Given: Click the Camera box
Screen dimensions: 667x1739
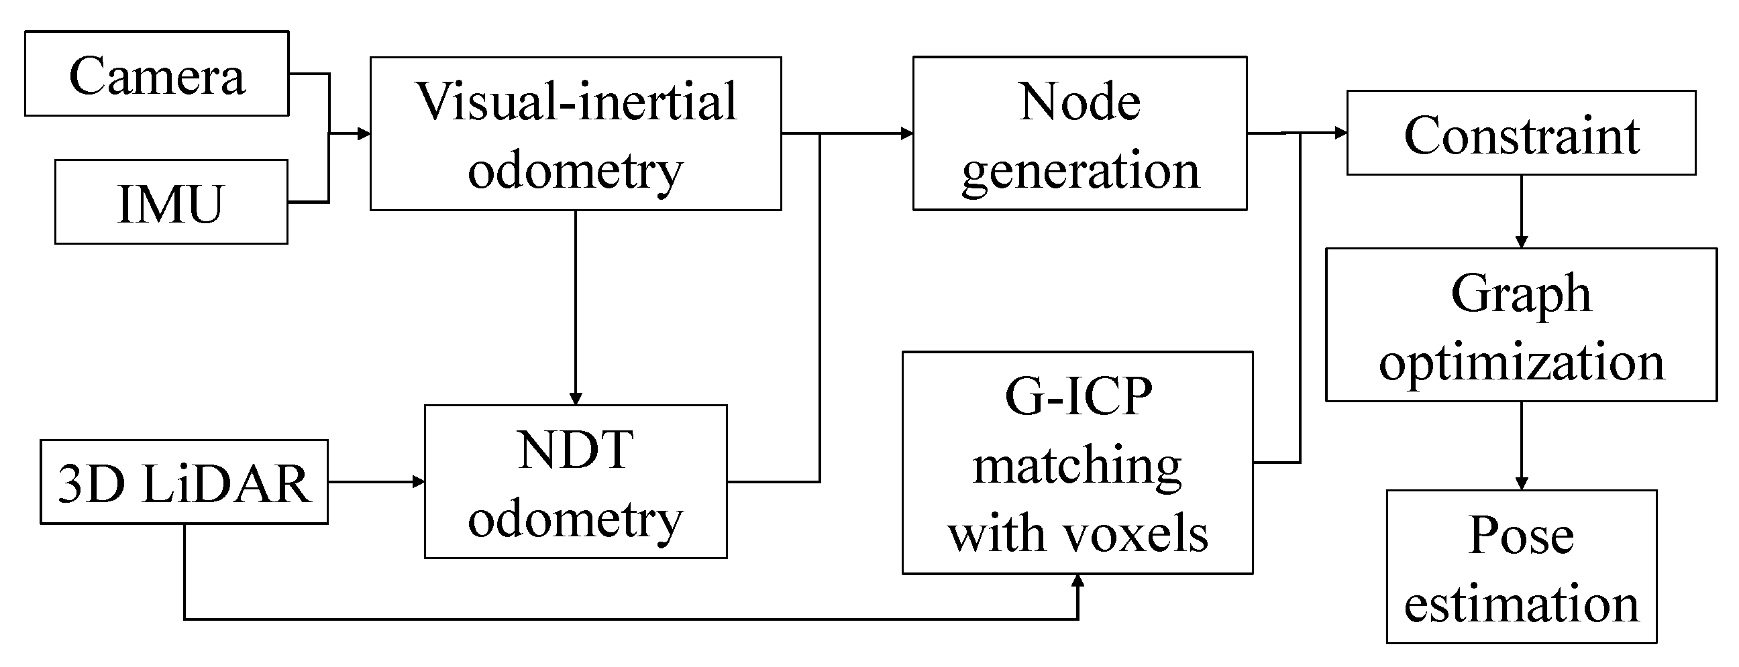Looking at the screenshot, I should pyautogui.click(x=156, y=74).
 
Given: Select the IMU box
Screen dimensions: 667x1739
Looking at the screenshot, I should pyautogui.click(x=171, y=202).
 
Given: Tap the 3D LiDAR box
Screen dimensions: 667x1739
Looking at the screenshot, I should pyautogui.click(x=184, y=482).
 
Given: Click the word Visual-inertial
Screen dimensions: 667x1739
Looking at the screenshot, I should pyautogui.click(x=576, y=101).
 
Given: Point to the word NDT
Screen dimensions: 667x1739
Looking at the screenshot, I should pyautogui.click(x=576, y=450).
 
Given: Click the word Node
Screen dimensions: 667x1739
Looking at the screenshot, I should pyautogui.click(x=1079, y=101).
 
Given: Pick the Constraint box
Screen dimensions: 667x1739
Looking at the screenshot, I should pyautogui.click(x=1521, y=133).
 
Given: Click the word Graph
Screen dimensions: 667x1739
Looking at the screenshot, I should pyautogui.click(x=1521, y=294).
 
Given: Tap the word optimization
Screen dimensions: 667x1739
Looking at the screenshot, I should pyautogui.click(x=1521, y=363).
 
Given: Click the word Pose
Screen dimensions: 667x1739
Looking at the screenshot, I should pyautogui.click(x=1521, y=535).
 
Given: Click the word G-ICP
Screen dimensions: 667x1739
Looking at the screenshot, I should pyautogui.click(x=1078, y=396).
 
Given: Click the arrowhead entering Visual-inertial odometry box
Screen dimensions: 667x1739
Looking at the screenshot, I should pyautogui.click(x=364, y=133).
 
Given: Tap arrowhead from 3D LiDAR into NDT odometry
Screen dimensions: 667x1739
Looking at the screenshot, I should pyautogui.click(x=418, y=481).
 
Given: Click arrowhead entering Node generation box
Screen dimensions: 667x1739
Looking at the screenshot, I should pyautogui.click(x=906, y=133).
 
